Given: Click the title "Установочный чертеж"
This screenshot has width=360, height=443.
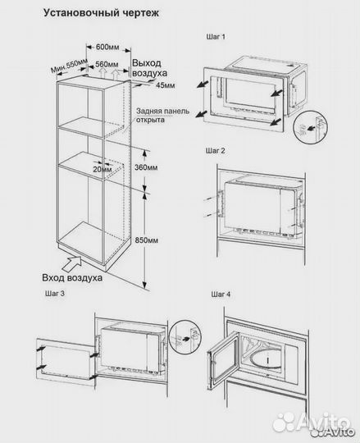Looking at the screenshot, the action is [101, 13].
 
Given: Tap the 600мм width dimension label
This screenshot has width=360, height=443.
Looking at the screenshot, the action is [107, 47].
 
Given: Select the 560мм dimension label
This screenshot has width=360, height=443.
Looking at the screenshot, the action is [107, 65].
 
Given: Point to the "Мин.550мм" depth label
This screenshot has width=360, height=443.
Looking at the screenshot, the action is [69, 66].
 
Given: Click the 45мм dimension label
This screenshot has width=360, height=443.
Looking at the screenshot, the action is [166, 84].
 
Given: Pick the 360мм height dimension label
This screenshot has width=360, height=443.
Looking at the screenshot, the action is [146, 167].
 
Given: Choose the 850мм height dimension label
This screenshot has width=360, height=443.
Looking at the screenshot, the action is [146, 240].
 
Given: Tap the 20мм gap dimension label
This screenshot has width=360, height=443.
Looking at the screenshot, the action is [103, 170].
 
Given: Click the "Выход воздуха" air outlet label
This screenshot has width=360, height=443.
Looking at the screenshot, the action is [149, 68].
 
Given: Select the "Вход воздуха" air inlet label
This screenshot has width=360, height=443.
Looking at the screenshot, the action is [72, 278].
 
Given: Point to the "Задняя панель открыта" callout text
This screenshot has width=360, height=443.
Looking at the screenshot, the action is [162, 116].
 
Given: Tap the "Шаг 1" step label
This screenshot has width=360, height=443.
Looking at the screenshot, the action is [216, 37].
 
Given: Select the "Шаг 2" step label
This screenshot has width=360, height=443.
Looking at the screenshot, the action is [215, 151].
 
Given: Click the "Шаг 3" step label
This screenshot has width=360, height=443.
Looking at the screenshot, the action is [55, 294].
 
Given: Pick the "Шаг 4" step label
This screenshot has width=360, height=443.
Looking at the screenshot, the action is [221, 295].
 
